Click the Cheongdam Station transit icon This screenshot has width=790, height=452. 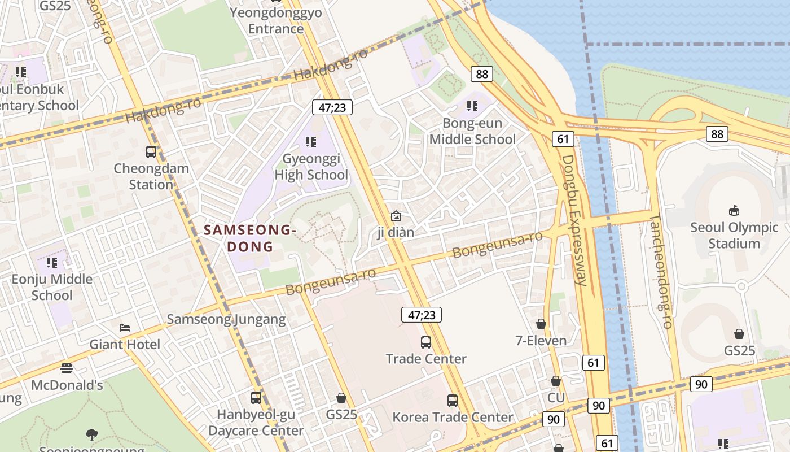pyautogui.click(x=151, y=152)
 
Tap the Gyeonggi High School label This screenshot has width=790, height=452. pyautogui.click(x=311, y=167)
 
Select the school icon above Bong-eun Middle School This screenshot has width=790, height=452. pyautogui.click(x=472, y=106)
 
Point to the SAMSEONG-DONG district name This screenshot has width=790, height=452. pyautogui.click(x=250, y=238)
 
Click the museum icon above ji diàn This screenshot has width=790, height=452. pyautogui.click(x=396, y=216)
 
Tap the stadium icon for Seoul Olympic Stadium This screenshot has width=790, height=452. pyautogui.click(x=734, y=211)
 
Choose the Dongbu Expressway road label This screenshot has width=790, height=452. pyautogui.click(x=576, y=220)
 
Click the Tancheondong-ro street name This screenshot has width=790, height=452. pyautogui.click(x=661, y=271)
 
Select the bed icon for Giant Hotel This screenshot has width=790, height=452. pyautogui.click(x=125, y=328)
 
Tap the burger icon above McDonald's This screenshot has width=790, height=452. pyautogui.click(x=67, y=368)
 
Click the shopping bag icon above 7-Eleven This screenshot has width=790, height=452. pyautogui.click(x=541, y=324)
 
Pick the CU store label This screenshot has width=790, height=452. pyautogui.click(x=556, y=398)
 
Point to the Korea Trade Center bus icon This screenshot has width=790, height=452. pyautogui.click(x=453, y=401)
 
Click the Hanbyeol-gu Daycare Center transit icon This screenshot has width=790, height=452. pyautogui.click(x=256, y=398)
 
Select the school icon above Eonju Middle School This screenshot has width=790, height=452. pyautogui.click(x=52, y=262)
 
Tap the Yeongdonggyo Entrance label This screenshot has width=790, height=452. pyautogui.click(x=276, y=20)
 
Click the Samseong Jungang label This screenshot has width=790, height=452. pyautogui.click(x=226, y=319)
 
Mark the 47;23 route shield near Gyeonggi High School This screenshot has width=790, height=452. pyautogui.click(x=332, y=107)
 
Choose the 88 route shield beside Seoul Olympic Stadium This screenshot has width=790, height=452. pyautogui.click(x=717, y=134)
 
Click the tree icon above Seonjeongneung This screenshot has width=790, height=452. pyautogui.click(x=91, y=434)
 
